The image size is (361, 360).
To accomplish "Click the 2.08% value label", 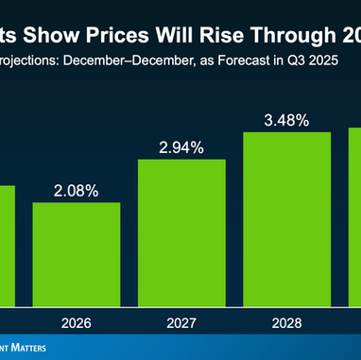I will point(76,190).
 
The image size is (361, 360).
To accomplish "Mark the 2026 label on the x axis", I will point(76,322).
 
